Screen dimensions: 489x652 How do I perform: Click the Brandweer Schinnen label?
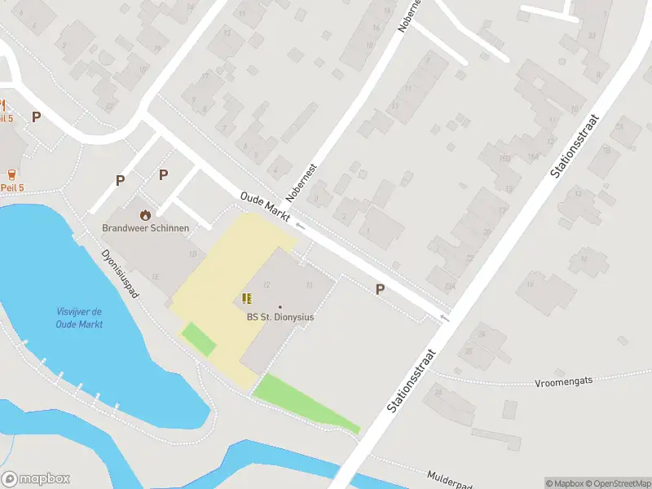click(145, 228)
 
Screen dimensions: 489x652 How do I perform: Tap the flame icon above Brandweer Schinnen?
click(145, 214)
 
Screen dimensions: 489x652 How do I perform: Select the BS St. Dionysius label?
click(280, 318)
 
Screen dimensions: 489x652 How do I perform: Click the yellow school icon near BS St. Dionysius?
click(246, 299)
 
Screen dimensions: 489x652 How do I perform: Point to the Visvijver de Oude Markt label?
click(79, 318)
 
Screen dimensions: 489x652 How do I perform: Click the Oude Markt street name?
click(266, 204)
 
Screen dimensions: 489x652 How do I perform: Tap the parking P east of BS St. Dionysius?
click(379, 289)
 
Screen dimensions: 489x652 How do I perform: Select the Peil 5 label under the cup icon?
click(12, 187)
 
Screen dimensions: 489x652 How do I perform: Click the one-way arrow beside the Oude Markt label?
click(300, 224)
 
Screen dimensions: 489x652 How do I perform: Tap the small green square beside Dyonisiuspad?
click(198, 339)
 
